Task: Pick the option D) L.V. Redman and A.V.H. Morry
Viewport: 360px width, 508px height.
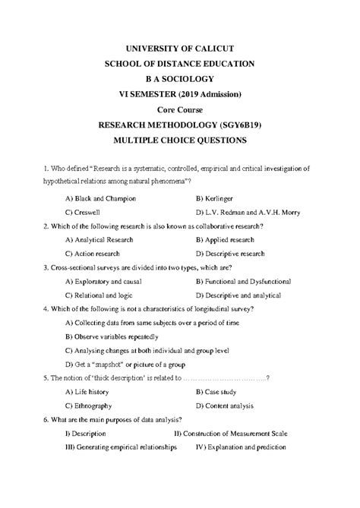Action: (248, 212)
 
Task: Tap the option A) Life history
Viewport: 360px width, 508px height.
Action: (90, 392)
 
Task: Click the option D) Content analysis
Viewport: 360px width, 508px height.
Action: (229, 405)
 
